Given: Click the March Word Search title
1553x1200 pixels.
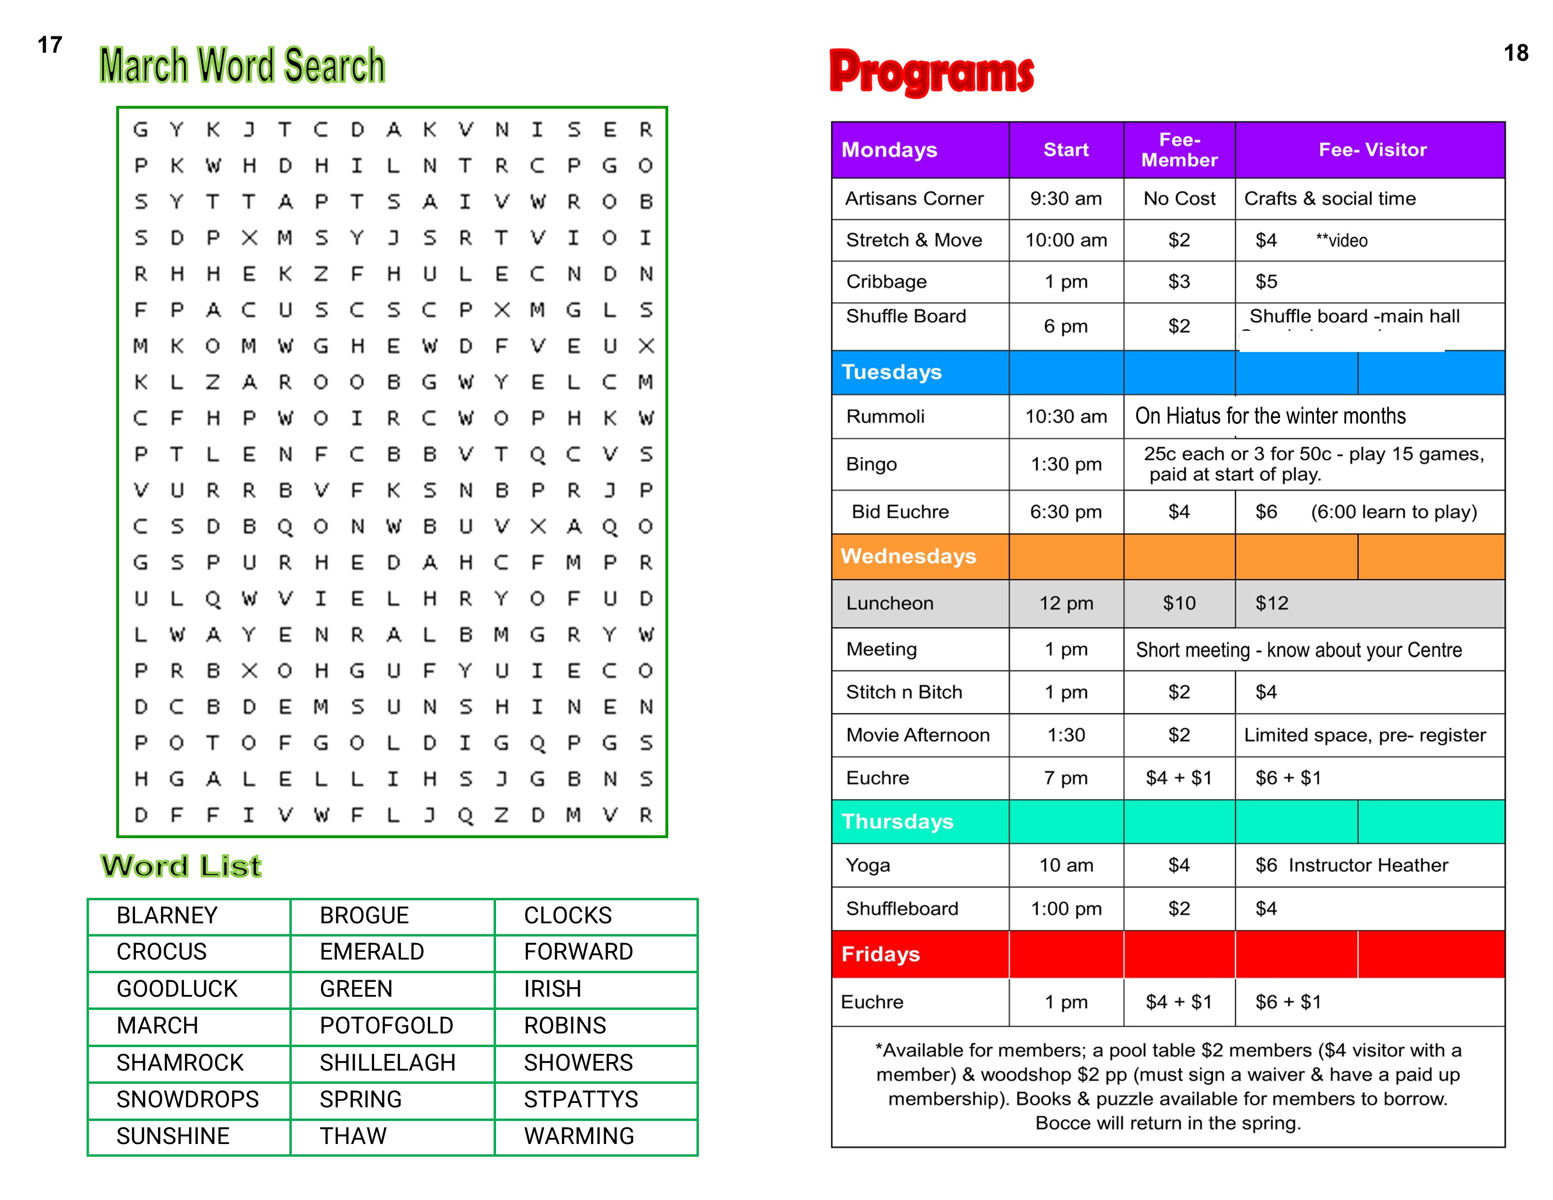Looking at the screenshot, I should click(x=242, y=65).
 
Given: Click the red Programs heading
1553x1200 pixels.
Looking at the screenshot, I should click(x=931, y=72).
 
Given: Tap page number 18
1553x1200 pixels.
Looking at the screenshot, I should click(x=1515, y=53).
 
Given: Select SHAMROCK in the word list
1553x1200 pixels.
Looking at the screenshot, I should click(x=180, y=1062).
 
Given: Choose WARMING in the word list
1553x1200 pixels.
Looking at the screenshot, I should click(x=579, y=1136).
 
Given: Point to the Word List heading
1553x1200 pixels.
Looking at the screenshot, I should click(x=181, y=866).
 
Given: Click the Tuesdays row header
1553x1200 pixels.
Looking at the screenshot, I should click(x=892, y=372).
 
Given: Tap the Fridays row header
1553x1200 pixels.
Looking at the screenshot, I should click(x=881, y=954).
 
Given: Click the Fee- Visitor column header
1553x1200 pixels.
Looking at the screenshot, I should click(x=1372, y=149).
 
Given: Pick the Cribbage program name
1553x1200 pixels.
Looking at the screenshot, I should click(x=887, y=281).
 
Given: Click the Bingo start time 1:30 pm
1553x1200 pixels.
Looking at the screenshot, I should click(x=1066, y=464).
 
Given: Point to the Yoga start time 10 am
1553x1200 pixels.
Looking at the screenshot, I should click(x=1066, y=865).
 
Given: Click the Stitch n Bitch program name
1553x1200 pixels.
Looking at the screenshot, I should click(x=904, y=692).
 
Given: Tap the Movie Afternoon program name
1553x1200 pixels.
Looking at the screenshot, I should click(x=917, y=735).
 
